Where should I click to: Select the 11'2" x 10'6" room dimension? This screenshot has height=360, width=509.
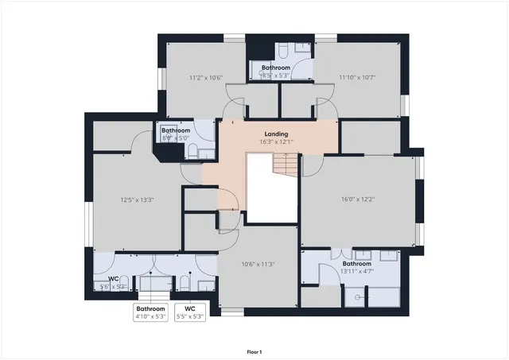tap(206, 78)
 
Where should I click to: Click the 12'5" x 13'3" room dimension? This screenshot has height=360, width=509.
tap(136, 199)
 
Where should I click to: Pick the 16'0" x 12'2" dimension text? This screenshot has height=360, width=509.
tap(358, 199)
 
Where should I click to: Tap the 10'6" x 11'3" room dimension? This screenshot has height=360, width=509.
tap(258, 265)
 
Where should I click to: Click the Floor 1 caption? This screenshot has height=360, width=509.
tap(254, 350)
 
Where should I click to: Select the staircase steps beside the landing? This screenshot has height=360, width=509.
tap(285, 165)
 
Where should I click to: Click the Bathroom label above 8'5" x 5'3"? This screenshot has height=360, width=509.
tap(276, 68)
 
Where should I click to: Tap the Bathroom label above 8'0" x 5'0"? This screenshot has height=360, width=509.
tap(177, 130)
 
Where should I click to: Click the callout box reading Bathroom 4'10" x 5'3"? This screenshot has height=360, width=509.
tap(150, 312)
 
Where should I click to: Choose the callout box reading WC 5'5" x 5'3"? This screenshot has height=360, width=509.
tap(189, 312)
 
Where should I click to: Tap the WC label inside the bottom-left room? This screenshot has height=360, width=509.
tap(114, 278)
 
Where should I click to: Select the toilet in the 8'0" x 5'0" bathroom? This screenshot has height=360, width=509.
tap(204, 153)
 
